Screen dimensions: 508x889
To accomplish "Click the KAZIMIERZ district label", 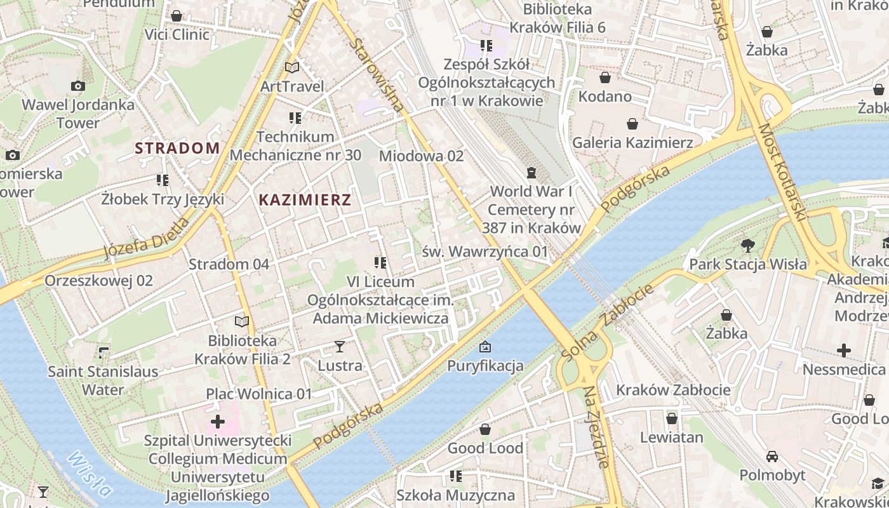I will tap(305, 200).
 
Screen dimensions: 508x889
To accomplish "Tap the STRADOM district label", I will tap(177, 149).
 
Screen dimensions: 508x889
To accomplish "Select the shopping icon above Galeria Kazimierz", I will tap(632, 123).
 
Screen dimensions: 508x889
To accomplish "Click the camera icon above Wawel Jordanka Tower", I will tap(78, 86).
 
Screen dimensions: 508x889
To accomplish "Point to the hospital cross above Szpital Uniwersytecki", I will tap(218, 421).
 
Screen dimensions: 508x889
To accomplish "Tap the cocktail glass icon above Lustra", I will tap(340, 347).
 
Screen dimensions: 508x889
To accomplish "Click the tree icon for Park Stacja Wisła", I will tap(748, 245).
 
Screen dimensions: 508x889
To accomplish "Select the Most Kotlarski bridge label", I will tap(782, 171).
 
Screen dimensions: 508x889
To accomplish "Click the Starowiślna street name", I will tap(376, 75).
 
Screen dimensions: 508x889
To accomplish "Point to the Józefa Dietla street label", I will tap(146, 239).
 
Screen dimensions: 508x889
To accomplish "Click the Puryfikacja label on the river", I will tap(485, 365).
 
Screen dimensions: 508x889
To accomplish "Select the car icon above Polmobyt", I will tap(772, 457).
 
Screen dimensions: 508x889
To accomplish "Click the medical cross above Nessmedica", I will tap(843, 350).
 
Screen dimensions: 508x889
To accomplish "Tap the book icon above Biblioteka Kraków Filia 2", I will tap(242, 322).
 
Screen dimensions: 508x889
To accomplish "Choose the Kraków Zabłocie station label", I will tap(673, 389).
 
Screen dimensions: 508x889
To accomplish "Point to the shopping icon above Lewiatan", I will tap(671, 418).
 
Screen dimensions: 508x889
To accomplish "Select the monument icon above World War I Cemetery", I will tap(531, 172).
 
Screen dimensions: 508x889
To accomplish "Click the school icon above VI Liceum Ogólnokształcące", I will tap(380, 262).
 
